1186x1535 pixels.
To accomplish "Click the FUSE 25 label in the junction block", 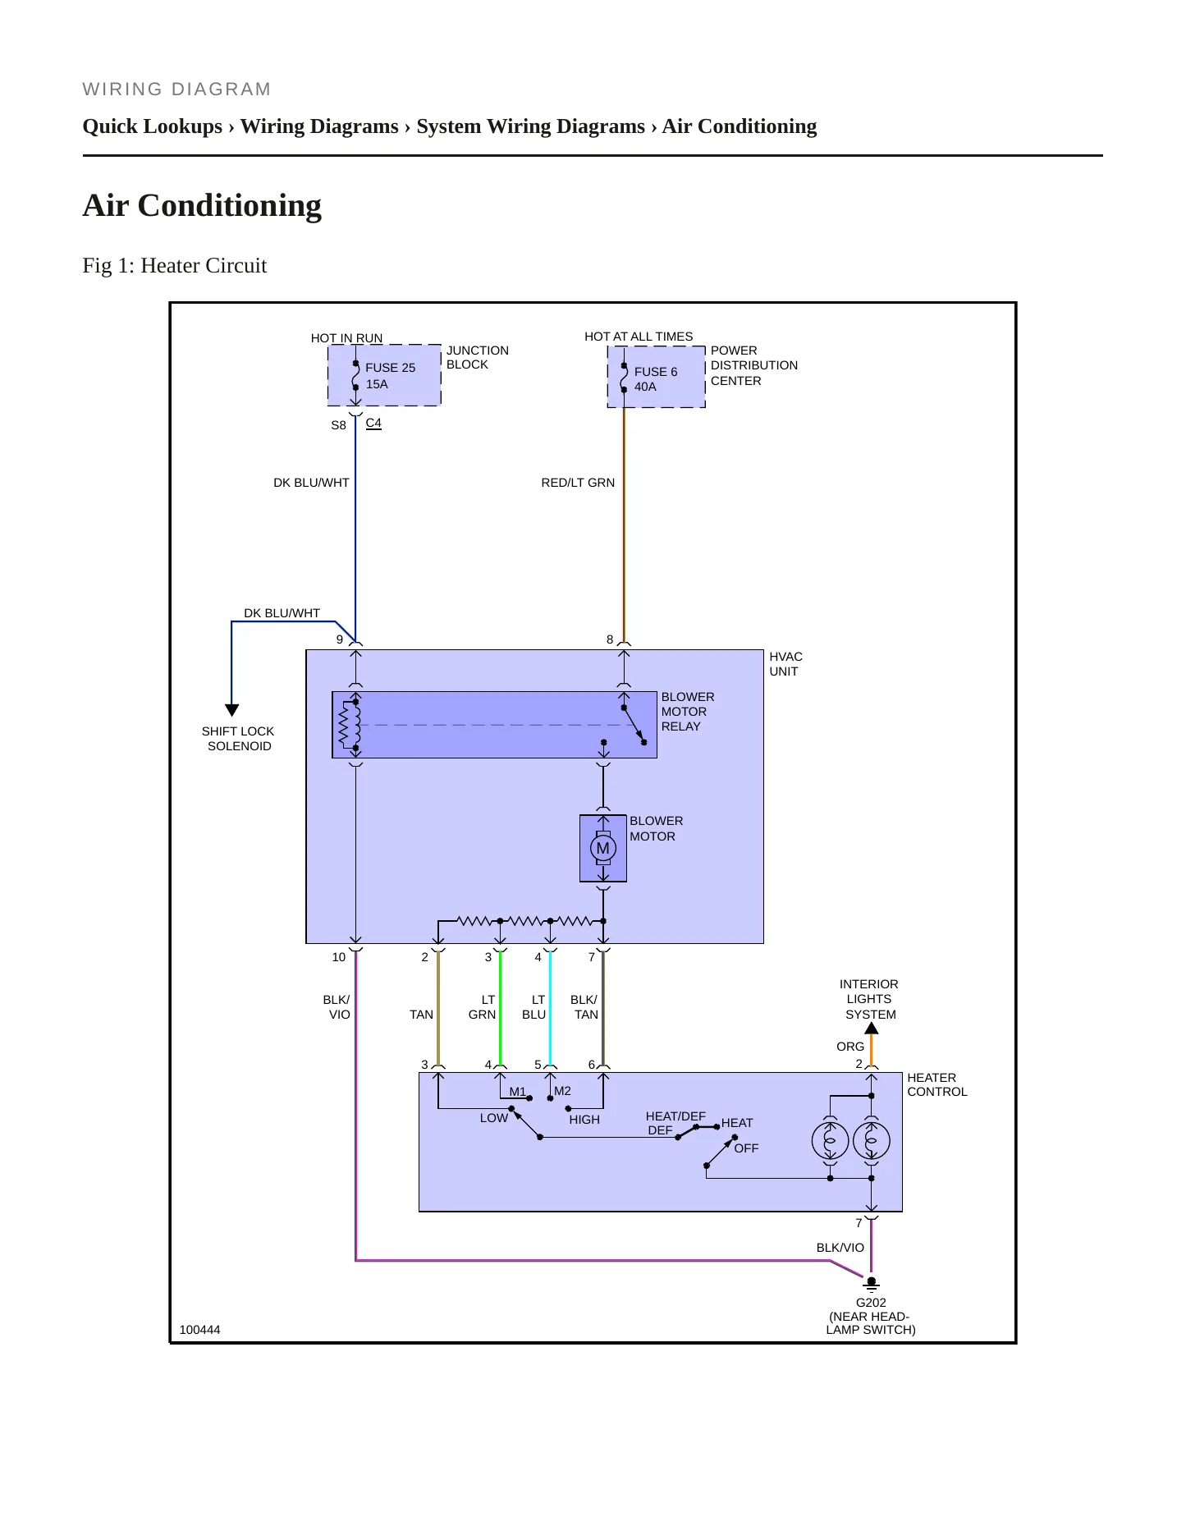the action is tap(390, 368).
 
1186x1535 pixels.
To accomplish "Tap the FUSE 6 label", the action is tap(656, 372).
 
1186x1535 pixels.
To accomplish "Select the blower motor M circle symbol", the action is tap(603, 848).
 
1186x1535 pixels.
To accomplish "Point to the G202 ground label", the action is tap(871, 1303).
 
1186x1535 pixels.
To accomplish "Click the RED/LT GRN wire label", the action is tap(578, 483).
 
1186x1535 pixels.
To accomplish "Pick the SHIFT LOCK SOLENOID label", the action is tap(238, 739).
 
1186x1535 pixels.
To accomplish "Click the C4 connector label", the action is tap(373, 423).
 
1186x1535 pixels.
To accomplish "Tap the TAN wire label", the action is tap(421, 1015).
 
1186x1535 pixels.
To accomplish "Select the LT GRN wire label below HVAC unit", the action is tap(483, 1007).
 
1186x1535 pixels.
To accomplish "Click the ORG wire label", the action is tap(850, 1047).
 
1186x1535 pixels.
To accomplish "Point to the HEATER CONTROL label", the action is tap(937, 1084).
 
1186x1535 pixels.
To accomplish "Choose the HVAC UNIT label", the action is tap(785, 664).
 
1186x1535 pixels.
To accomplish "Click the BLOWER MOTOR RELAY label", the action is tap(688, 712).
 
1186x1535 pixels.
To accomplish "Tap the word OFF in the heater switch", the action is tap(746, 1148).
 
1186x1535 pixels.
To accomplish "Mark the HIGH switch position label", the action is tap(584, 1120).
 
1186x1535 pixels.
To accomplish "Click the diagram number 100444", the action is tap(199, 1330).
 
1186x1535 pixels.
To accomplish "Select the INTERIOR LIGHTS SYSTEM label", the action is tap(869, 999).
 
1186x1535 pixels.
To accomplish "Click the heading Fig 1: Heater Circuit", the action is tap(175, 265).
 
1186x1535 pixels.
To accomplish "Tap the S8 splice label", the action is tap(338, 425).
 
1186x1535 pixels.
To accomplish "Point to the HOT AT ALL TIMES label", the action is tap(639, 337).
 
